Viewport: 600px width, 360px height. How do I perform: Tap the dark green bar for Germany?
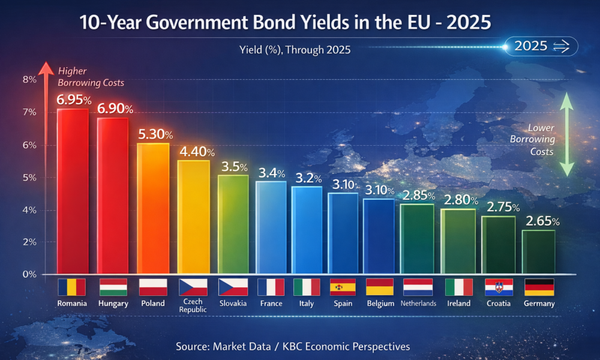(538, 251)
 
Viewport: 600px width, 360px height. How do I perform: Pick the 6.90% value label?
(115, 109)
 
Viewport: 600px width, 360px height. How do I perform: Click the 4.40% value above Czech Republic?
(193, 152)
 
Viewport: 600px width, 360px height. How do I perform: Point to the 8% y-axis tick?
(29, 80)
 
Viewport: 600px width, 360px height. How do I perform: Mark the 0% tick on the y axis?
(29, 274)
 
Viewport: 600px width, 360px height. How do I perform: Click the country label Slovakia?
(233, 304)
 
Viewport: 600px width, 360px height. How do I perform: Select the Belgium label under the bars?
(380, 304)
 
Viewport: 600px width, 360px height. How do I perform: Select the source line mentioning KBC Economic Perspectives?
(293, 346)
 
